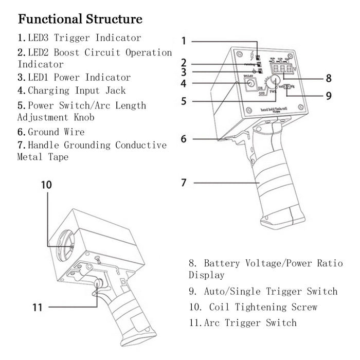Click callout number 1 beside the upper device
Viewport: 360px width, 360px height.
(184, 40)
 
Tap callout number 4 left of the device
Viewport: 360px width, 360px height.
(184, 83)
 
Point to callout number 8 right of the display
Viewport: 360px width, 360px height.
(328, 79)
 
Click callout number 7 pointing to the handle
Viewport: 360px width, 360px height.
(184, 182)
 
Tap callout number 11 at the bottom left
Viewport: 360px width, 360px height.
(37, 307)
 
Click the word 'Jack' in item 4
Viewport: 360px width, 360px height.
(115, 91)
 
